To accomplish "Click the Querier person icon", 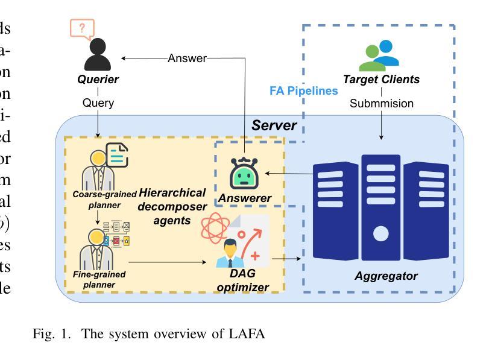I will pyautogui.click(x=98, y=56).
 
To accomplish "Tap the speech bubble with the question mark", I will pyautogui.click(x=83, y=28).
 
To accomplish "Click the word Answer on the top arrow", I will pyautogui.click(x=187, y=58).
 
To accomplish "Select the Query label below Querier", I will pyautogui.click(x=98, y=103).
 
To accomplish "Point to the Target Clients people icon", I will pyautogui.click(x=379, y=55).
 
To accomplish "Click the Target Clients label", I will pyautogui.click(x=381, y=80).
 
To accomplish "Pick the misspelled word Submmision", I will pyautogui.click(x=382, y=103).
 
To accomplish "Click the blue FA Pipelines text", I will pyautogui.click(x=303, y=92).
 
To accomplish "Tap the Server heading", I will pyautogui.click(x=274, y=125).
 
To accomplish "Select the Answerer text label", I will pyautogui.click(x=245, y=198).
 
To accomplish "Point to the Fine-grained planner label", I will pyautogui.click(x=100, y=279).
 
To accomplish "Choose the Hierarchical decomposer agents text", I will pyautogui.click(x=172, y=206).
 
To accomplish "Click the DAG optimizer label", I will pyautogui.click(x=242, y=281).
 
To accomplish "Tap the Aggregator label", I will pyautogui.click(x=386, y=276).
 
